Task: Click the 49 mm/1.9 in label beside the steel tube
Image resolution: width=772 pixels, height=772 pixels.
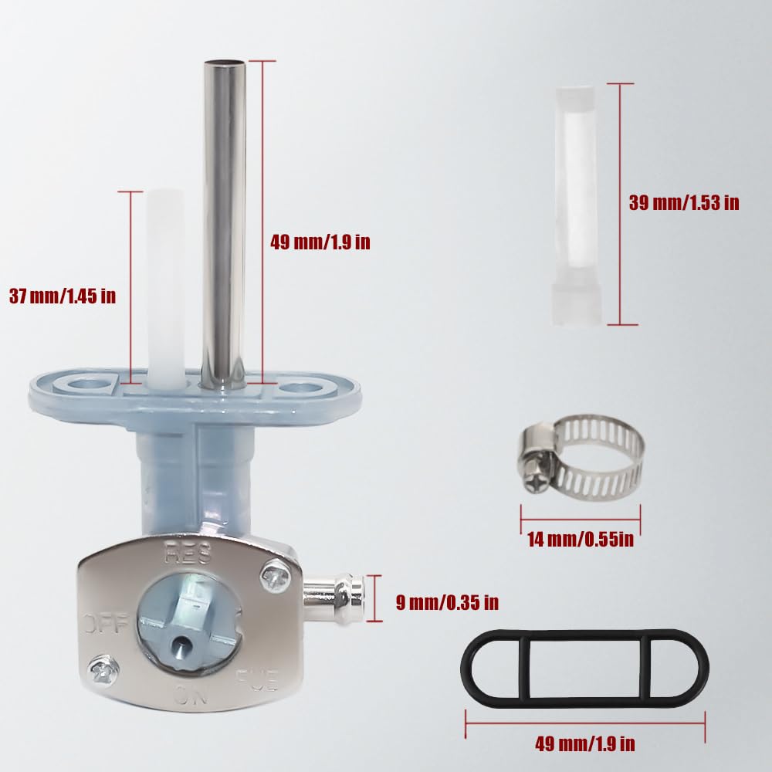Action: tap(320, 242)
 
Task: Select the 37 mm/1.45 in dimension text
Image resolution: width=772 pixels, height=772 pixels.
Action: tap(63, 296)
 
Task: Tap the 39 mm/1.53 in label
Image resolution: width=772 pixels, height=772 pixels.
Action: tap(684, 203)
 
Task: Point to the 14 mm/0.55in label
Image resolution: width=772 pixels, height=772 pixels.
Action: tap(581, 539)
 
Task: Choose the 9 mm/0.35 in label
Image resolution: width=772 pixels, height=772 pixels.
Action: tap(447, 602)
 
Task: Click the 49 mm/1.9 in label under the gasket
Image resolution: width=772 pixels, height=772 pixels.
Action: tap(585, 743)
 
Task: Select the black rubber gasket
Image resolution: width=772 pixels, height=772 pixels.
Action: tap(585, 667)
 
